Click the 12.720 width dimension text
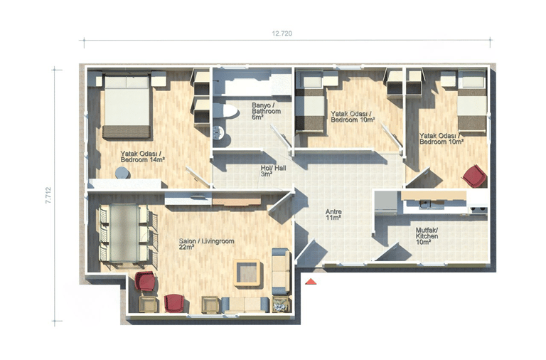point(282,33)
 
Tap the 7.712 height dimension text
point(48,195)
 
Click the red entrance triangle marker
point(310,281)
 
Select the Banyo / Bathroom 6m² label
point(267,111)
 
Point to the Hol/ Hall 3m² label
point(273,171)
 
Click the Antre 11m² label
point(333,215)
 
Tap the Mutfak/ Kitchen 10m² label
point(427,236)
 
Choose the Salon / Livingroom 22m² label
point(206,244)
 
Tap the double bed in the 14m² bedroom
point(127,106)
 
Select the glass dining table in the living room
point(124,233)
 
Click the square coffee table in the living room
point(247,272)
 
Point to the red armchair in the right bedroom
point(474,176)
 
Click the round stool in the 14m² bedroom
point(122,173)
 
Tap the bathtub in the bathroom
point(252,83)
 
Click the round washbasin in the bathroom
point(218,132)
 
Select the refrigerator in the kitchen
point(385,202)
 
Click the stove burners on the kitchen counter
point(478,209)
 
